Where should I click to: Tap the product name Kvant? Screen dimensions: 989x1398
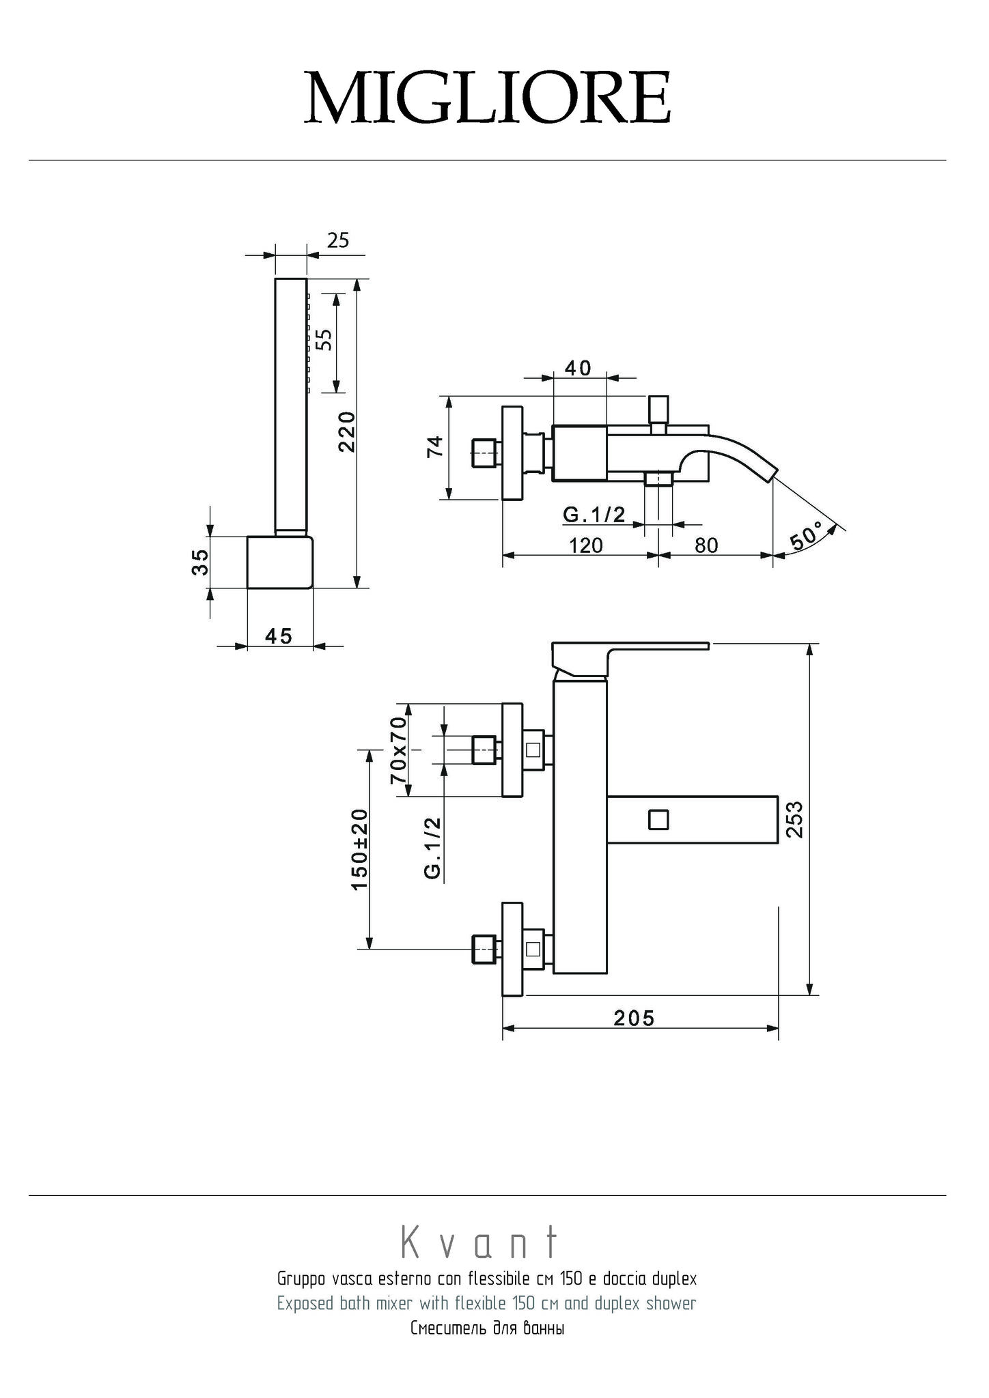point(479,1243)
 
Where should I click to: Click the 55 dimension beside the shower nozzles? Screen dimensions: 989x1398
point(326,339)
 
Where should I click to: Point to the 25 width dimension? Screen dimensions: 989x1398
point(338,240)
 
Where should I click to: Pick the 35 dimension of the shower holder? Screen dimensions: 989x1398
point(199,562)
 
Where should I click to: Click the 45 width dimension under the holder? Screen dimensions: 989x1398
point(279,636)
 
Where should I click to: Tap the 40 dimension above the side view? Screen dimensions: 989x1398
point(578,368)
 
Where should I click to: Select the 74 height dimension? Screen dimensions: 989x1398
point(436,447)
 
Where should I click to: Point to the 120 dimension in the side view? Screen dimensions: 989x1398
point(586,545)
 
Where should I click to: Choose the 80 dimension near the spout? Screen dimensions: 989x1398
point(706,545)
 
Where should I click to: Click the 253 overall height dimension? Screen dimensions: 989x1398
point(795,818)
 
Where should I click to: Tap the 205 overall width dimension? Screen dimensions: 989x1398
point(634,1018)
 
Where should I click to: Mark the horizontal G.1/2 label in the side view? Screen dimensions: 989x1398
point(594,514)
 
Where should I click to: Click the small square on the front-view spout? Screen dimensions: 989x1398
point(658,818)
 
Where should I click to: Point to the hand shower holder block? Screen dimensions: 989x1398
point(279,562)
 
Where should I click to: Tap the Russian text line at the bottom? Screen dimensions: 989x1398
point(487,1329)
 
